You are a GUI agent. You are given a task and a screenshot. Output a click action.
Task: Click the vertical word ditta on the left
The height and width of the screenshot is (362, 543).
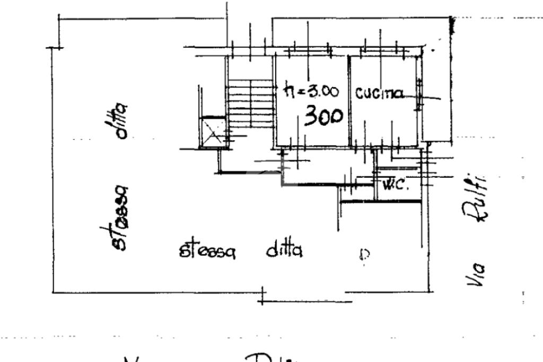[x=122, y=121]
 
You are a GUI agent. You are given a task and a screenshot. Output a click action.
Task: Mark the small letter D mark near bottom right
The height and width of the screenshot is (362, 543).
[x=363, y=256]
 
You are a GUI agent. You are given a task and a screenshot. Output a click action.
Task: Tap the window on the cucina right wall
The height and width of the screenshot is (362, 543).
[x=419, y=94]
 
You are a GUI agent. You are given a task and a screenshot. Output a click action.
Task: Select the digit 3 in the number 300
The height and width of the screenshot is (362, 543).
[x=311, y=117]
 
